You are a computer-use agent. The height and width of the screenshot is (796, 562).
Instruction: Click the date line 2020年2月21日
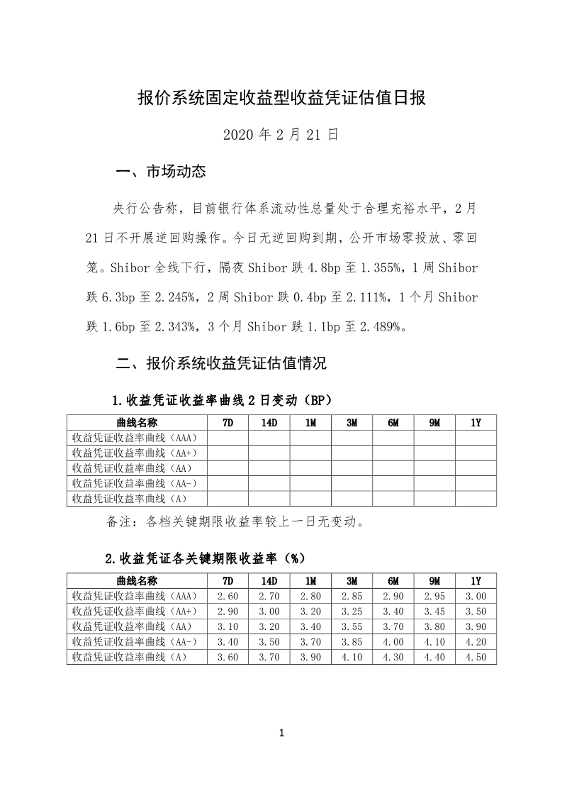[x=281, y=134]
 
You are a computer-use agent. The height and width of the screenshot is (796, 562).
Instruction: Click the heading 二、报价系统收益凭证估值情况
[x=221, y=364]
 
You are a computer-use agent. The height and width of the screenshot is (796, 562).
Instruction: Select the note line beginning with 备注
[x=235, y=523]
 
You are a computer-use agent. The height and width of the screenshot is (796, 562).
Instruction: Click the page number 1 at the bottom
[x=281, y=733]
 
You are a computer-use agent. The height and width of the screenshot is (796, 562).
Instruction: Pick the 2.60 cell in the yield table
[x=227, y=597]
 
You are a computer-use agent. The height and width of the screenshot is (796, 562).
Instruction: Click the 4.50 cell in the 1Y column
[x=476, y=657]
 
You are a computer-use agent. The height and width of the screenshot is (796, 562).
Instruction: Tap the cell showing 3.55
[x=352, y=627]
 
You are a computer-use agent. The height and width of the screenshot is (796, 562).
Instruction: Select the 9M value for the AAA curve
[x=434, y=597]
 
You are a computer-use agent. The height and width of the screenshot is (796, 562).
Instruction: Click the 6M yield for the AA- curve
[x=393, y=642]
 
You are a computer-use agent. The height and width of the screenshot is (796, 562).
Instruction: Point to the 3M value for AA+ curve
[x=352, y=612]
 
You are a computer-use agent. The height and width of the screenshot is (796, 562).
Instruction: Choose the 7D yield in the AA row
[x=227, y=627]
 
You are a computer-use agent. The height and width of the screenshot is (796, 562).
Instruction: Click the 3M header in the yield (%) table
[x=352, y=581]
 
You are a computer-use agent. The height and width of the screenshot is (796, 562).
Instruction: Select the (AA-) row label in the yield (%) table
[x=135, y=642]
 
